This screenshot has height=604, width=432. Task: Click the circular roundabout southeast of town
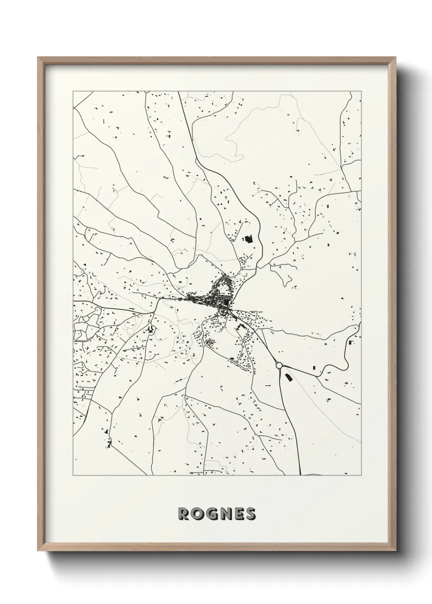pos(280,365)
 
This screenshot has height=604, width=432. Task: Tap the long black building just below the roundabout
pos(288,377)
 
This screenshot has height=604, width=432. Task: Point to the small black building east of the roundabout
pos(314,368)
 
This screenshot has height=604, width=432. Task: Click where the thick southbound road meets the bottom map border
pos(301,475)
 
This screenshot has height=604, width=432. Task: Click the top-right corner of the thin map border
pos(361,91)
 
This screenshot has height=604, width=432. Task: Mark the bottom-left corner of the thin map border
pos(73,475)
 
